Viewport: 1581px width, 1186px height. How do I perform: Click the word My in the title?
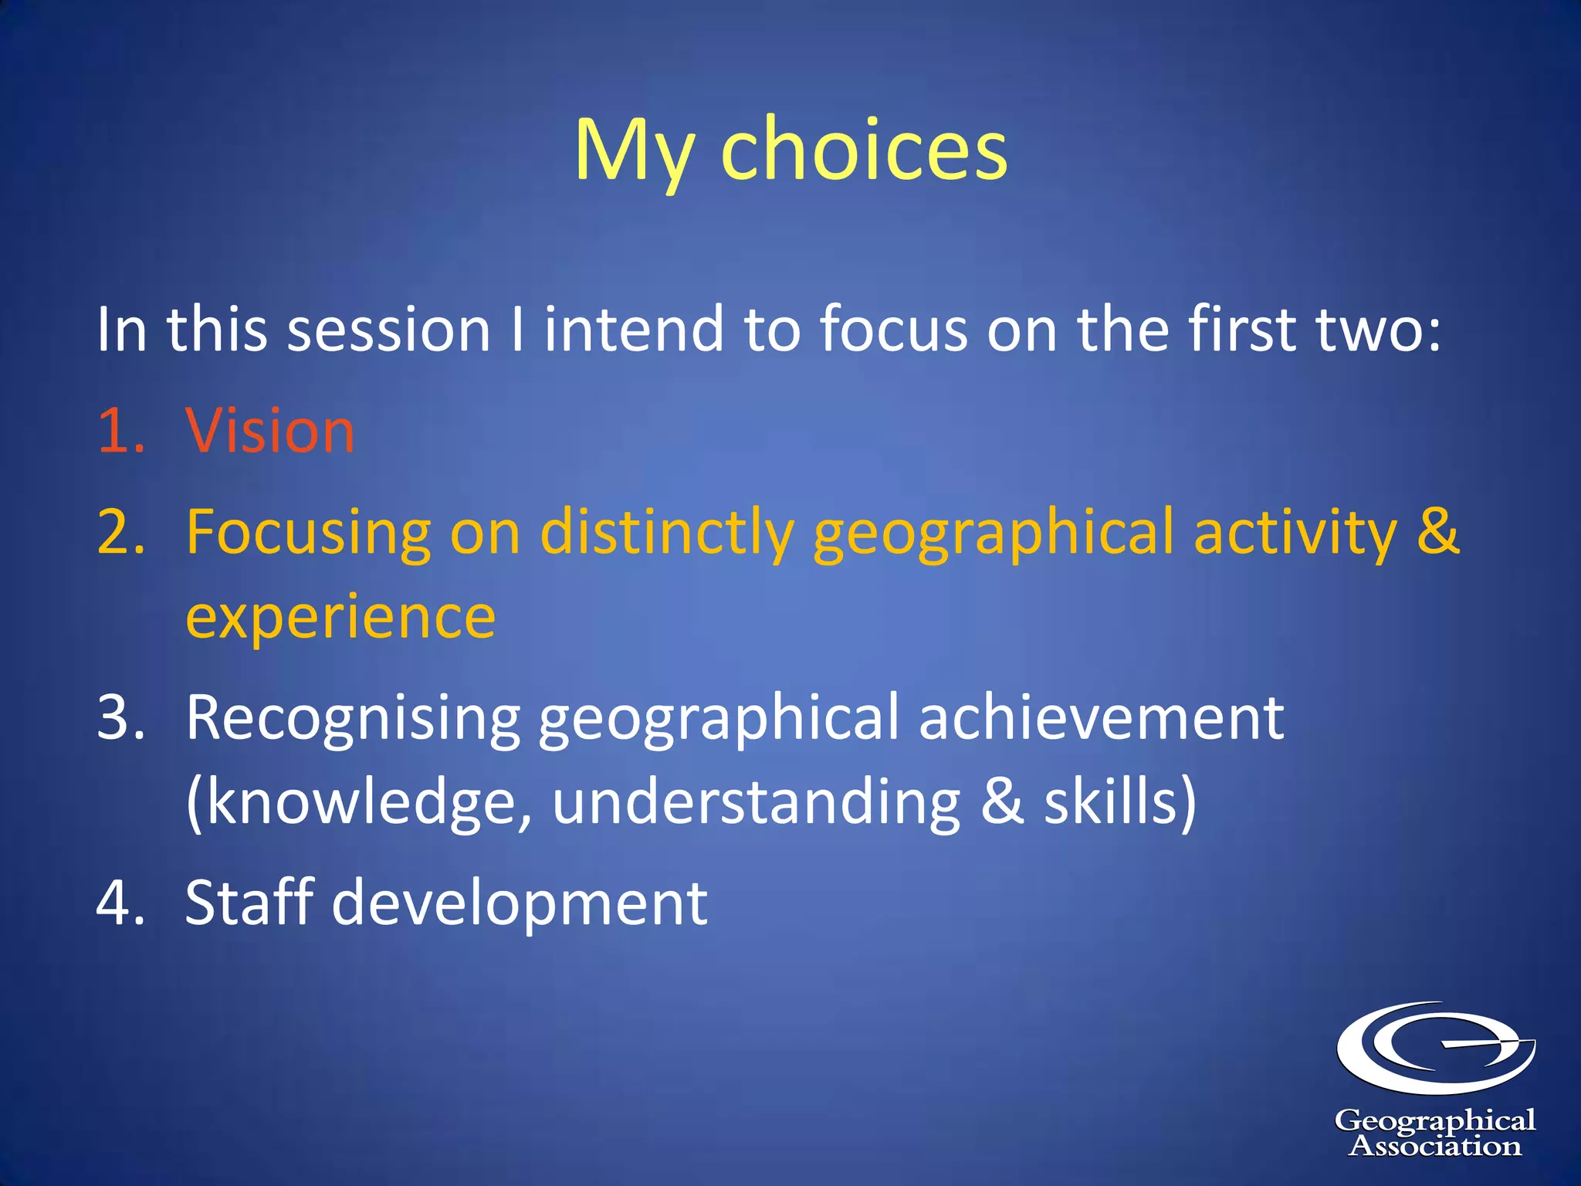click(x=633, y=151)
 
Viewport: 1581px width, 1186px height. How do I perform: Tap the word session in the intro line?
click(x=389, y=330)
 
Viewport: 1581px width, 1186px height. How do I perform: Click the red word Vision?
click(x=270, y=431)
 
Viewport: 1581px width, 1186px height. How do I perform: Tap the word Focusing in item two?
click(x=308, y=533)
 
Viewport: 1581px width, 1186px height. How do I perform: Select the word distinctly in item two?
click(x=667, y=533)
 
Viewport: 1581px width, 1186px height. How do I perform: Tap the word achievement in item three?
click(x=1101, y=718)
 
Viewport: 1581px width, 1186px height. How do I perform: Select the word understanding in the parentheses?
click(x=756, y=803)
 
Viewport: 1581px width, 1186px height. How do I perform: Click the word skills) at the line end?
click(x=1120, y=803)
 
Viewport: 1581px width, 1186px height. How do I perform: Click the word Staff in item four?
click(x=249, y=903)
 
